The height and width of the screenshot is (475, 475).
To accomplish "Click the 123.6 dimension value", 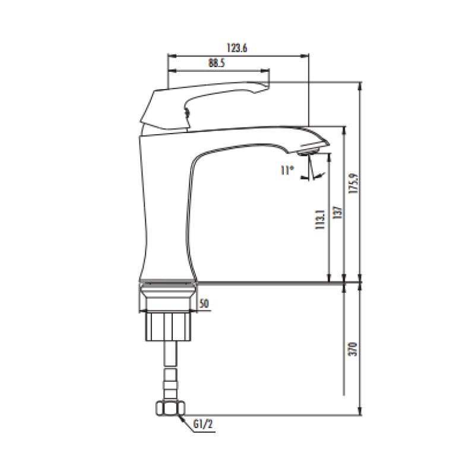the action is coord(237,48).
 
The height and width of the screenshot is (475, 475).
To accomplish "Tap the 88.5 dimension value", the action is coord(217,63).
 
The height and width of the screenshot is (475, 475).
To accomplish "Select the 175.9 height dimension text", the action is coord(353,183).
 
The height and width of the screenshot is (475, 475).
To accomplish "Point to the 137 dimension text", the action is coord(337,213).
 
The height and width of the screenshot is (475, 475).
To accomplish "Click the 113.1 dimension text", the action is coord(320,220).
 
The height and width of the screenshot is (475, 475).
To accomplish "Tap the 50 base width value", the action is coord(204,303).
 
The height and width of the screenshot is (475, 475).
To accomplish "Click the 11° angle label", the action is coord(287,170).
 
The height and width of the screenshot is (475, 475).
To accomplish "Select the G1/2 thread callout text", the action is coord(203,424).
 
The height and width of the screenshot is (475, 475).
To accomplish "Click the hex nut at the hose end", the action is coord(170,408).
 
